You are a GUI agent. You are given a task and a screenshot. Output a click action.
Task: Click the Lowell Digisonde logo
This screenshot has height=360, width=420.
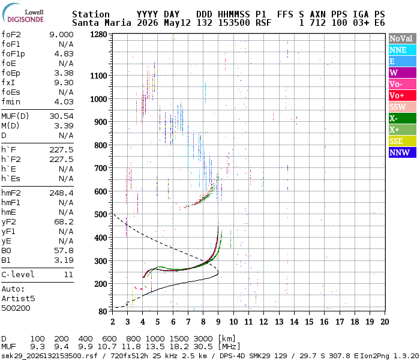[x=23, y=13]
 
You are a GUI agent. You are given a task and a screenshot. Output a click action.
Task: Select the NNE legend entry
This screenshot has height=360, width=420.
[x=403, y=50]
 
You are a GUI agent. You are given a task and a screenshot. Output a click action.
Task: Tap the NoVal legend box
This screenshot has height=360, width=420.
[x=403, y=38]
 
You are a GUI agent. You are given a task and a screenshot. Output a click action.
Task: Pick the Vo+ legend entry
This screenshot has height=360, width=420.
[x=403, y=95]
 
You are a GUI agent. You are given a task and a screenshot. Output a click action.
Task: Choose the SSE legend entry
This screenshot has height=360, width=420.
[x=403, y=141]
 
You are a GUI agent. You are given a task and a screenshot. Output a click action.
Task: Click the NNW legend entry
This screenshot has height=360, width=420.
[x=403, y=152]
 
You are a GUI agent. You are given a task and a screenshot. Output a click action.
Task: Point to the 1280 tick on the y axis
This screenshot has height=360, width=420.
[x=98, y=34]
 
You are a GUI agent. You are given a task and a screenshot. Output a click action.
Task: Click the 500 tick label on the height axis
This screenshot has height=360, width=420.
[x=101, y=214]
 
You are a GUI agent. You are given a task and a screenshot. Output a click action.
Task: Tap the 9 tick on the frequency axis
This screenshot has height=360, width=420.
[x=218, y=322]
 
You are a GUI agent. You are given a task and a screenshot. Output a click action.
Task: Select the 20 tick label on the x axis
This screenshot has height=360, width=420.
[x=385, y=322]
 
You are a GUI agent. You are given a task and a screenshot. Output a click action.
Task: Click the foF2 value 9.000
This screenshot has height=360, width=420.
[x=61, y=35]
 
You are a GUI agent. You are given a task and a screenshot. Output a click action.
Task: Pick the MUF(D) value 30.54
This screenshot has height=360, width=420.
[x=61, y=116]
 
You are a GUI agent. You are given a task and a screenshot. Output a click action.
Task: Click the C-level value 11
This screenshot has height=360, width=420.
[x=68, y=274]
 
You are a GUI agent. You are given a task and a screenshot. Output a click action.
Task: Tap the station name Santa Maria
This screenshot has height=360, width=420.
[x=101, y=23]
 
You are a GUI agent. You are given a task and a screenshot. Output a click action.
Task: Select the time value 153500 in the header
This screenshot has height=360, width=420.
[x=234, y=23]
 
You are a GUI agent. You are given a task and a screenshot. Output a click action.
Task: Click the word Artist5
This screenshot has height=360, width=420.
[x=18, y=298]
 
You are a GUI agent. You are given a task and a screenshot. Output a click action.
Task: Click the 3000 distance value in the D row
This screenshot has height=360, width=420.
[x=203, y=338]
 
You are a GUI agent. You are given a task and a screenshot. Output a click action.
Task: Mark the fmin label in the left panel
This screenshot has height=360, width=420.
[x=11, y=102]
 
